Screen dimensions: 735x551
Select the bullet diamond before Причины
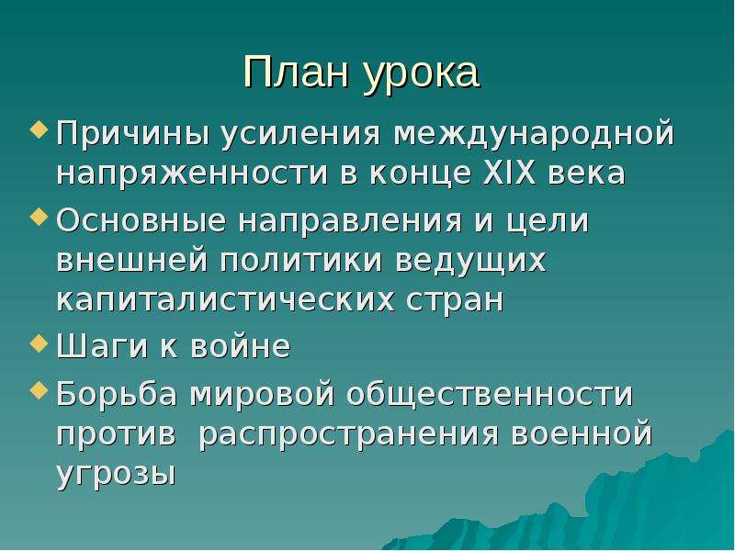pos(39,129)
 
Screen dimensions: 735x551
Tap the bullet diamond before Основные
pos(39,217)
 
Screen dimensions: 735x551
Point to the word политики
pos(301,261)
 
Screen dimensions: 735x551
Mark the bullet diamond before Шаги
pos(39,343)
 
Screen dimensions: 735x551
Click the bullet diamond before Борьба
pos(39,389)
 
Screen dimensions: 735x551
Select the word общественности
pos(490,395)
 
